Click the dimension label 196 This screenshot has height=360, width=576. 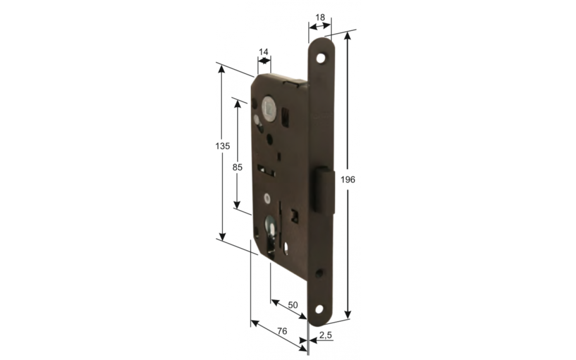coord(348,180)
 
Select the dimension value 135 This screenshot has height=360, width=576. coord(222,146)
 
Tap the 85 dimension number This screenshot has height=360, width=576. coord(237,167)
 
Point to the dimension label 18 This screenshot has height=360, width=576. coord(320,18)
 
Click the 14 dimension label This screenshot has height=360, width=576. coord(264,52)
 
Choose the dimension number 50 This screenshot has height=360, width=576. coord(293,305)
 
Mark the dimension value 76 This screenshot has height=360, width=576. coord(282,331)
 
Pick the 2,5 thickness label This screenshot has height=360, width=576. coord(326,335)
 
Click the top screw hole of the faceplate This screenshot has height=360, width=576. coord(320,58)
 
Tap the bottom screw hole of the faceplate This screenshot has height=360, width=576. coord(319,309)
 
